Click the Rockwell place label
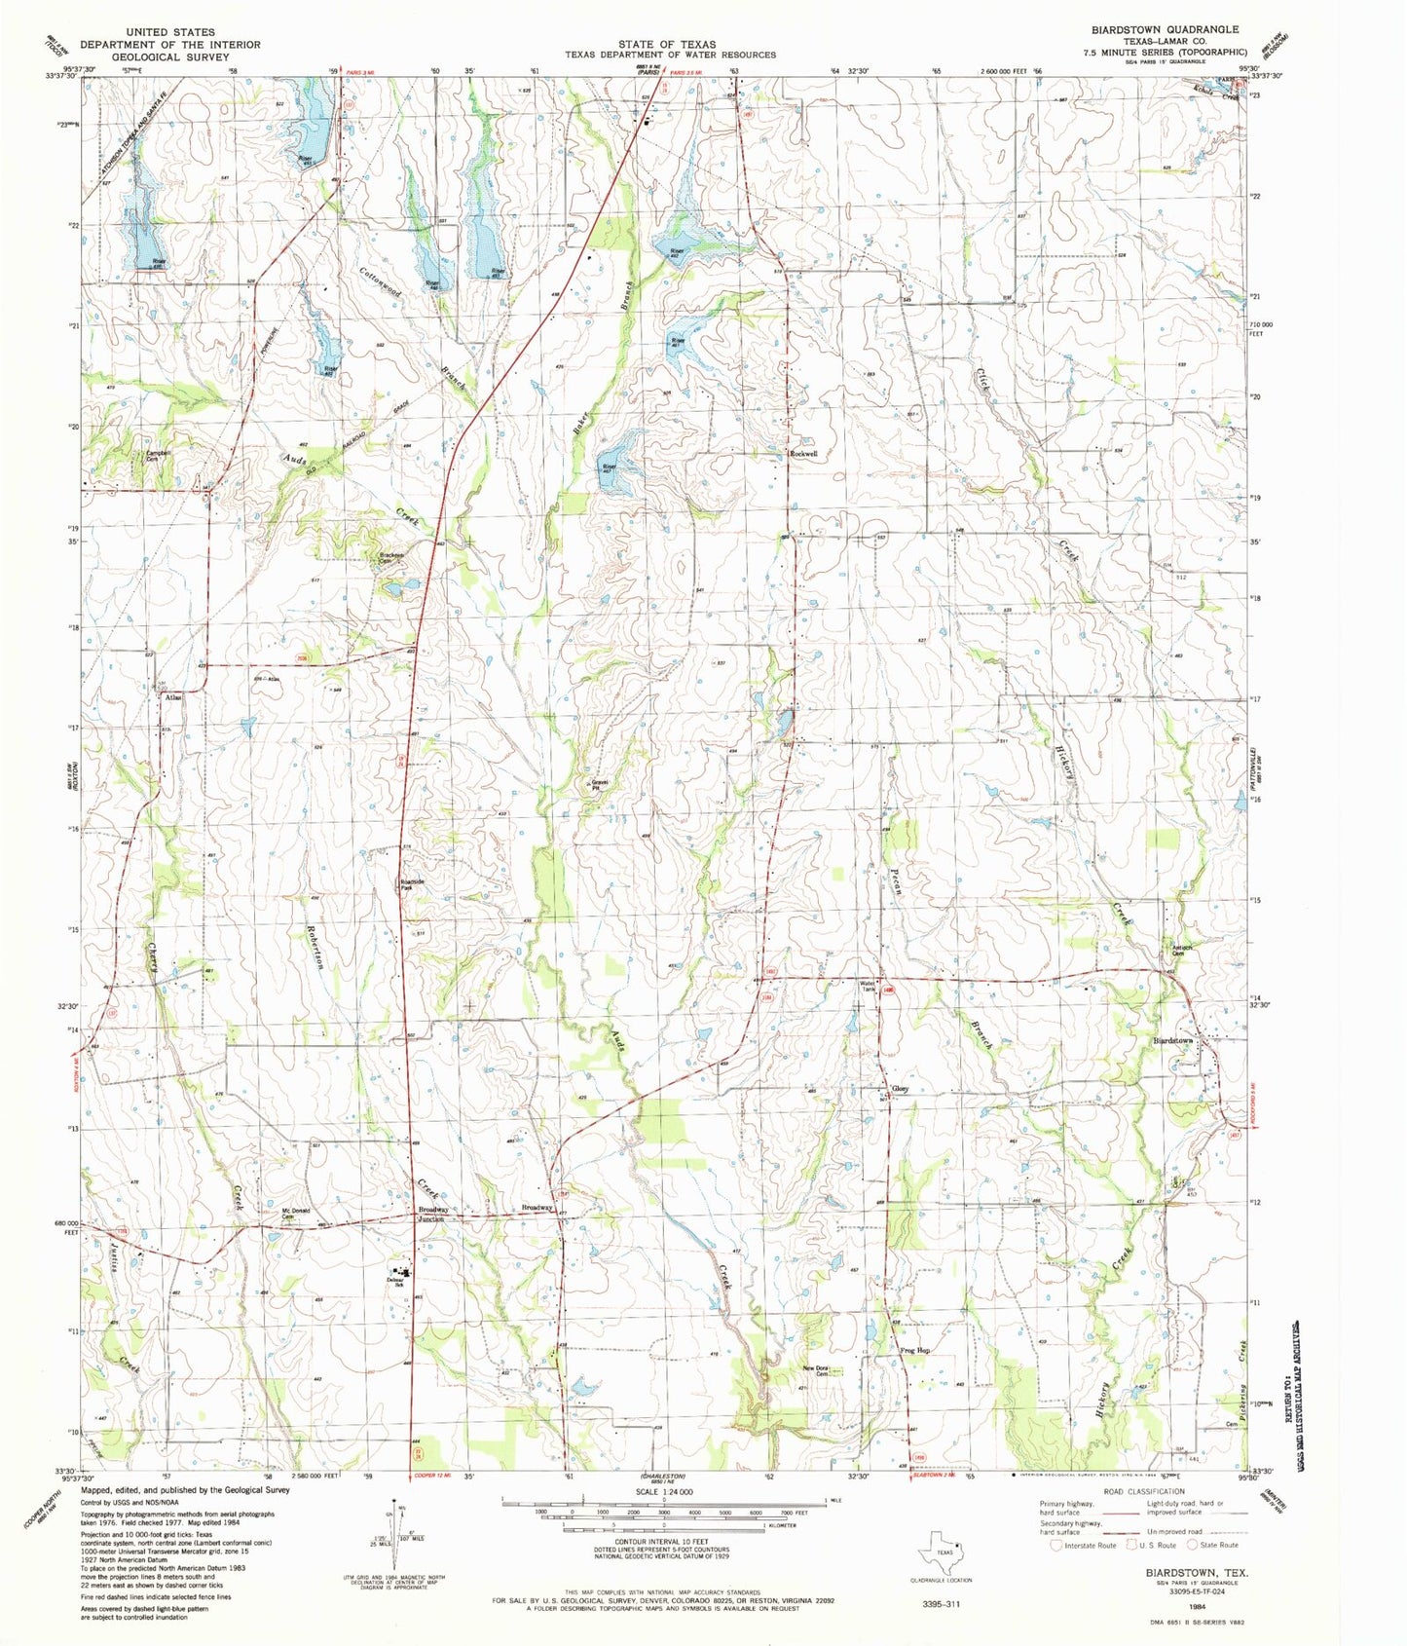coord(803,454)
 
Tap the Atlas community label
coord(173,697)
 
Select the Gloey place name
coord(901,1089)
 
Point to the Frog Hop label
coord(915,1350)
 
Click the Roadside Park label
coord(412,886)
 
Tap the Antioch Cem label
coord(1183,952)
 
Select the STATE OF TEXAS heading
coord(668,45)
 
